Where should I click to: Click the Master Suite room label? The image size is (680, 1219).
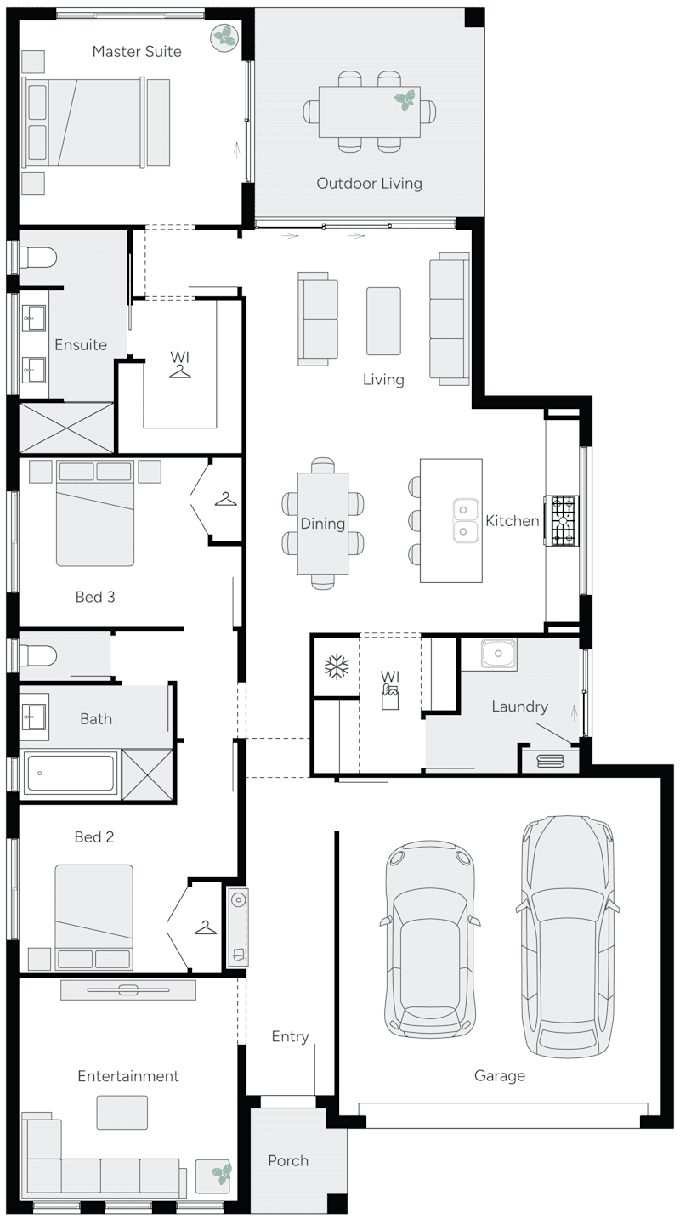[137, 52]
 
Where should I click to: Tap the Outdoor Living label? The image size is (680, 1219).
[369, 183]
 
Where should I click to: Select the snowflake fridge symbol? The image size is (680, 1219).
[337, 666]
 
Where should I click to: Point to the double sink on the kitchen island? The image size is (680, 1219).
[464, 520]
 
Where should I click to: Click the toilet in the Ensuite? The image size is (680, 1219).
[38, 256]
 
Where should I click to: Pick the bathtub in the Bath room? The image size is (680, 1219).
[70, 773]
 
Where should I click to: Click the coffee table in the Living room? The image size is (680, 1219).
[383, 320]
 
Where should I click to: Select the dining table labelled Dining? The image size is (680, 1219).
[323, 523]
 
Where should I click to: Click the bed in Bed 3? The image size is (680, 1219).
[95, 515]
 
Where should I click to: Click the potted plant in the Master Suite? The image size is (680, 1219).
[225, 37]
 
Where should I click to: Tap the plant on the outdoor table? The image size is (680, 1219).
[405, 100]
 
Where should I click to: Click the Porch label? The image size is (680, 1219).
[288, 1160]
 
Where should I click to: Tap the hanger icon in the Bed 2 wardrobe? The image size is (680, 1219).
[205, 927]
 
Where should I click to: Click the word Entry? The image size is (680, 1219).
[290, 1036]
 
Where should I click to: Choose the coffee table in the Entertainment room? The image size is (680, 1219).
[122, 1112]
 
